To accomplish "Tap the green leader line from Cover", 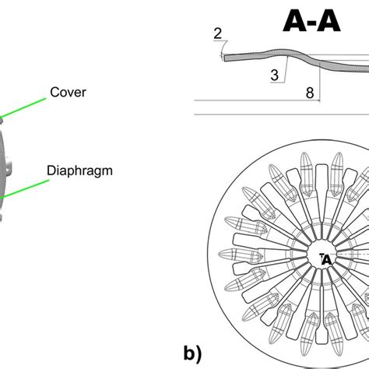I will pyautogui.click(x=23, y=107).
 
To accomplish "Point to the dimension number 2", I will pyautogui.click(x=218, y=33).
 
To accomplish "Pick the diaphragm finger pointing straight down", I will pyautogui.click(x=321, y=343).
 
